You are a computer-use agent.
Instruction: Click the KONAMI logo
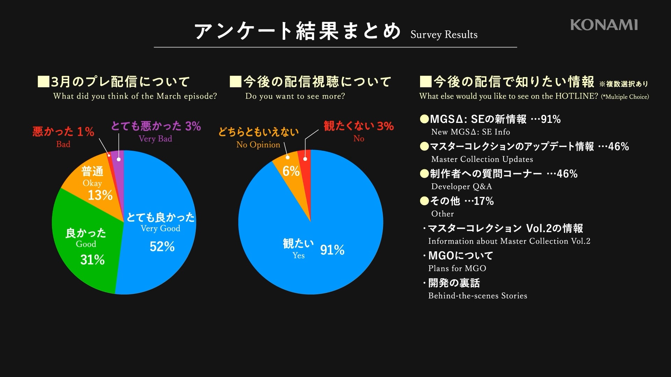pyautogui.click(x=604, y=25)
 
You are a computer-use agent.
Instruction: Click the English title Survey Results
pyautogui.click(x=444, y=35)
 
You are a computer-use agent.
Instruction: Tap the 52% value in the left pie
pyautogui.click(x=162, y=247)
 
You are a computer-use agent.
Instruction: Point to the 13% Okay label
pyautogui.click(x=100, y=195)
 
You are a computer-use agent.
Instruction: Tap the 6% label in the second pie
pyautogui.click(x=291, y=171)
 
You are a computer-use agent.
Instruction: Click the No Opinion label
pyautogui.click(x=258, y=145)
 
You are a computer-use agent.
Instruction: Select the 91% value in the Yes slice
pyautogui.click(x=332, y=250)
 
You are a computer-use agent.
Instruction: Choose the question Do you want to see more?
pyautogui.click(x=295, y=96)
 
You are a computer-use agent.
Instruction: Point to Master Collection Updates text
pyautogui.click(x=482, y=159)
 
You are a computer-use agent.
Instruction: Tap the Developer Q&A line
pyautogui.click(x=461, y=186)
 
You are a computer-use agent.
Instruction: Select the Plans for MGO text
pyautogui.click(x=457, y=268)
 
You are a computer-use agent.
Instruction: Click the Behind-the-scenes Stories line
pyautogui.click(x=477, y=296)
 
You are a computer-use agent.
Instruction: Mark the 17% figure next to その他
pyautogui.click(x=484, y=201)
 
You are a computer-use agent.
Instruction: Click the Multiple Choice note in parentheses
pyautogui.click(x=625, y=97)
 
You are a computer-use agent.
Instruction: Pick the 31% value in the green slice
pyautogui.click(x=93, y=260)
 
